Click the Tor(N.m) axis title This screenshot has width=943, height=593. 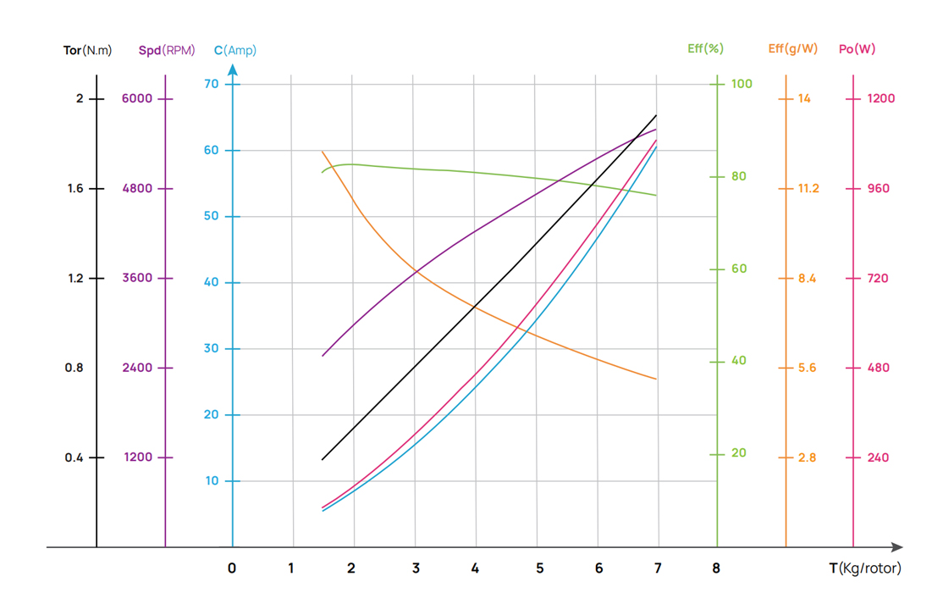pyautogui.click(x=87, y=50)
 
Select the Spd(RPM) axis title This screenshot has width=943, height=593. pyautogui.click(x=167, y=50)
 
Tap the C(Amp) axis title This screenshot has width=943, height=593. pyautogui.click(x=234, y=50)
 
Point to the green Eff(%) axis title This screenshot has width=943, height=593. pyautogui.click(x=705, y=49)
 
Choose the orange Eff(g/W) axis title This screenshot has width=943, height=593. pyautogui.click(x=792, y=49)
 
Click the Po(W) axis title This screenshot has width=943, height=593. pyautogui.click(x=857, y=49)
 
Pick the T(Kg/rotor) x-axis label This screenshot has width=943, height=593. pyautogui.click(x=864, y=568)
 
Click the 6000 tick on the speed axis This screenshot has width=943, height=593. pyautogui.click(x=136, y=98)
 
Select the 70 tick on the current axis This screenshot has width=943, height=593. pyautogui.click(x=211, y=84)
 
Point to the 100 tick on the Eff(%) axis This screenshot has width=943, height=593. pyautogui.click(x=742, y=84)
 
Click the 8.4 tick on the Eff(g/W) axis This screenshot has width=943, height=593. pyautogui.click(x=807, y=278)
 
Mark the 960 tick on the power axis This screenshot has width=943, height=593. pyautogui.click(x=878, y=188)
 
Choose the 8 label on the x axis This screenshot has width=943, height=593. pyautogui.click(x=717, y=568)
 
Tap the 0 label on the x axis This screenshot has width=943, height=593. pyautogui.click(x=232, y=568)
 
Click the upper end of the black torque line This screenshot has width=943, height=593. pyautogui.click(x=656, y=115)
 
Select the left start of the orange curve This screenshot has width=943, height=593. pyautogui.click(x=323, y=152)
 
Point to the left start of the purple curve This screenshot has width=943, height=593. pyautogui.click(x=323, y=356)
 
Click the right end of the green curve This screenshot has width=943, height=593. pyautogui.click(x=656, y=196)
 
